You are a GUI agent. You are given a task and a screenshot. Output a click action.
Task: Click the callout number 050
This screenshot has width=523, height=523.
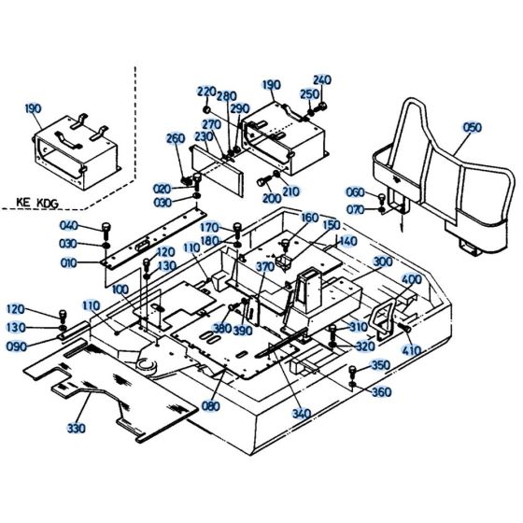473,126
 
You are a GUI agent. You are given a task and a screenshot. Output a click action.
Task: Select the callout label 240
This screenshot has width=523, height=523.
321,79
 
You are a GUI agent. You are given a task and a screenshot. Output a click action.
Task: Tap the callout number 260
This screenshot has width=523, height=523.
175,139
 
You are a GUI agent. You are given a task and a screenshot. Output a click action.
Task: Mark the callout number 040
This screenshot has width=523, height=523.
69,227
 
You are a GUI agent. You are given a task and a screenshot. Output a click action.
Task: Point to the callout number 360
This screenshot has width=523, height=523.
381,392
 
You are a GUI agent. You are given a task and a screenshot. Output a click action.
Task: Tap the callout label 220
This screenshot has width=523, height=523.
206,91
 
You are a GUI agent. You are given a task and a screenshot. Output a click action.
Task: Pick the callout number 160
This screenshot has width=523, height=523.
309,217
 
